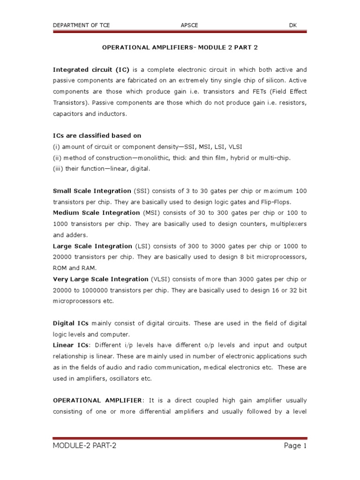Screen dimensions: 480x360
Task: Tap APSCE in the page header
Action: [x=189, y=25]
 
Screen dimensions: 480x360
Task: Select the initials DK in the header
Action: [x=293, y=25]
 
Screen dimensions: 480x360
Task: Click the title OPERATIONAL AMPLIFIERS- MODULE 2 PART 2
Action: [x=180, y=48]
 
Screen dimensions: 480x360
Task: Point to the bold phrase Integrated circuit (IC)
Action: [x=91, y=69]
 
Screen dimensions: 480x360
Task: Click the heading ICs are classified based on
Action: [x=97, y=136]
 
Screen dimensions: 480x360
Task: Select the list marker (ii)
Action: [x=57, y=158]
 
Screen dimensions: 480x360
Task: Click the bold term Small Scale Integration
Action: [x=92, y=191]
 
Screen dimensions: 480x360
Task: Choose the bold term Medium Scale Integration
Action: [x=96, y=213]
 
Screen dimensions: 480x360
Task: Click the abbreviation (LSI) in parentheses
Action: [x=143, y=246]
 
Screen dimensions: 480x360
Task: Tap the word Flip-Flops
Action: [x=274, y=202]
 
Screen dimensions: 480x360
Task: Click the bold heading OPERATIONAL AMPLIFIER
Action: [x=97, y=401]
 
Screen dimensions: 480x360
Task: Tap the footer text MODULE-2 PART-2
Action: [x=84, y=446]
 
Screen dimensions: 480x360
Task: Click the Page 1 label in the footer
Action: [x=295, y=446]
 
